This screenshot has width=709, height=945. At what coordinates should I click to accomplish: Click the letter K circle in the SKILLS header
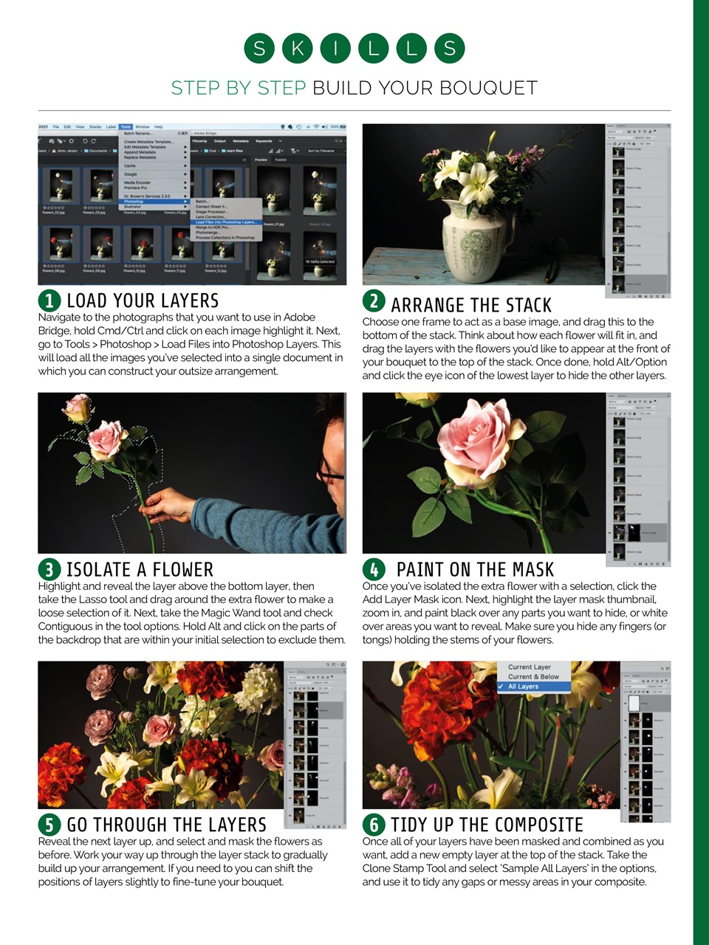pyautogui.click(x=297, y=49)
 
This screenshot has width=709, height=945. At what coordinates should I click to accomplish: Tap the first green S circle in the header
pyautogui.click(x=259, y=49)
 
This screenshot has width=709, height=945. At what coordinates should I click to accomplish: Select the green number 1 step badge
pyautogui.click(x=49, y=300)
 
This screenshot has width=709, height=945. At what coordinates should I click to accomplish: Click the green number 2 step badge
pyautogui.click(x=374, y=301)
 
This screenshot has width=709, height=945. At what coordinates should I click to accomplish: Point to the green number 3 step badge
pyautogui.click(x=49, y=569)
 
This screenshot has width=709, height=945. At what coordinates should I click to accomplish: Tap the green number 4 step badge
pyautogui.click(x=374, y=569)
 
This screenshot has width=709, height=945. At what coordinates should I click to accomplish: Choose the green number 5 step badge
pyautogui.click(x=49, y=824)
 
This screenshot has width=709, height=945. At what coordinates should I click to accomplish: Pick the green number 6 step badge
pyautogui.click(x=374, y=824)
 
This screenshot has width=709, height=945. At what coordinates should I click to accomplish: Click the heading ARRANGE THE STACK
pyautogui.click(x=471, y=305)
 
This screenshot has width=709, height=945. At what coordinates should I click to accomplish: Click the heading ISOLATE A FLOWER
pyautogui.click(x=140, y=569)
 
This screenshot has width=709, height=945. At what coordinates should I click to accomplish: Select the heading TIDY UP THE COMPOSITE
pyautogui.click(x=487, y=825)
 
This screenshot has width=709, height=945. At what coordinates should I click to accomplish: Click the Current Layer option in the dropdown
pyautogui.click(x=529, y=667)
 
